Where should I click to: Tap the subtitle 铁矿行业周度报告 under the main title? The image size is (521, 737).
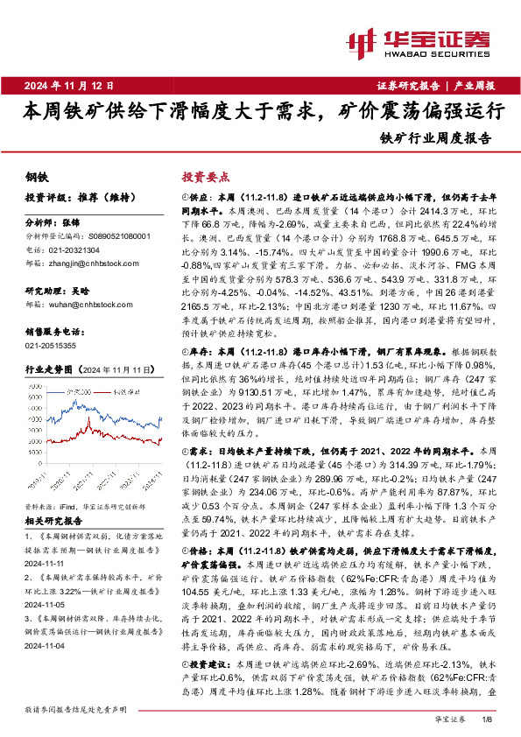click(x=436, y=137)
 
